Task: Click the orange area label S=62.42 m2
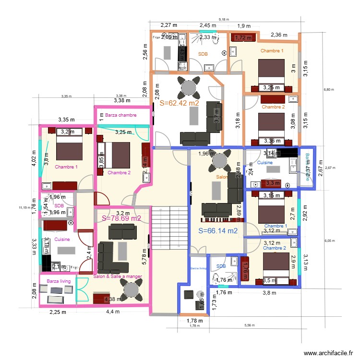(179, 103)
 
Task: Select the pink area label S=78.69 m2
(121, 218)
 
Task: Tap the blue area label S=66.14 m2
(218, 231)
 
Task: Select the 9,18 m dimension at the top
(224, 20)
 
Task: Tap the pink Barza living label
(59, 281)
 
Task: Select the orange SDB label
(203, 54)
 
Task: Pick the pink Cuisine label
(62, 239)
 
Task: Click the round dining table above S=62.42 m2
(186, 87)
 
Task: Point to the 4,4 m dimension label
(113, 312)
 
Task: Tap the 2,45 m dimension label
(208, 25)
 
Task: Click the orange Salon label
(221, 177)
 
